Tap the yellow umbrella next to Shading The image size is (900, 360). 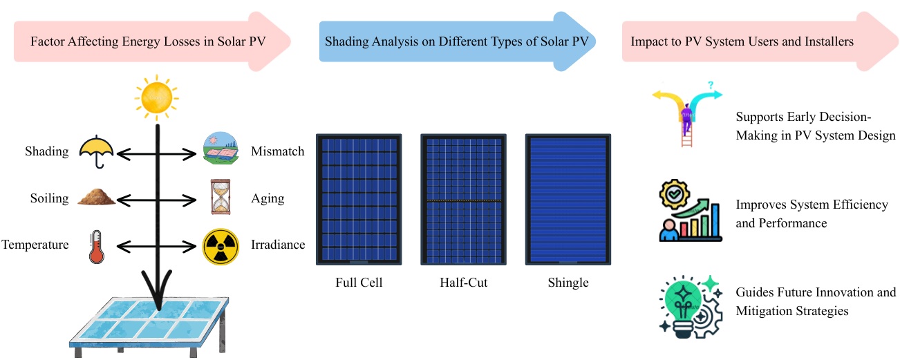(x=95, y=150)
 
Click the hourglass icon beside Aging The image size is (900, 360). (x=219, y=198)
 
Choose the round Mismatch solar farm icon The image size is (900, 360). (x=221, y=151)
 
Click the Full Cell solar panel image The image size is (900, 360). (x=358, y=199)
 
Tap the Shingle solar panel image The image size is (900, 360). (x=569, y=199)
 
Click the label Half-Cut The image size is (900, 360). (x=463, y=283)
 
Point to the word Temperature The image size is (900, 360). (x=35, y=245)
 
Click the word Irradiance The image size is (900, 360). (x=278, y=245)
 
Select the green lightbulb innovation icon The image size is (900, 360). (x=688, y=305)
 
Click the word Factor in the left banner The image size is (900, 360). (x=48, y=41)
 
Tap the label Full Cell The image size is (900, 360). (x=359, y=283)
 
